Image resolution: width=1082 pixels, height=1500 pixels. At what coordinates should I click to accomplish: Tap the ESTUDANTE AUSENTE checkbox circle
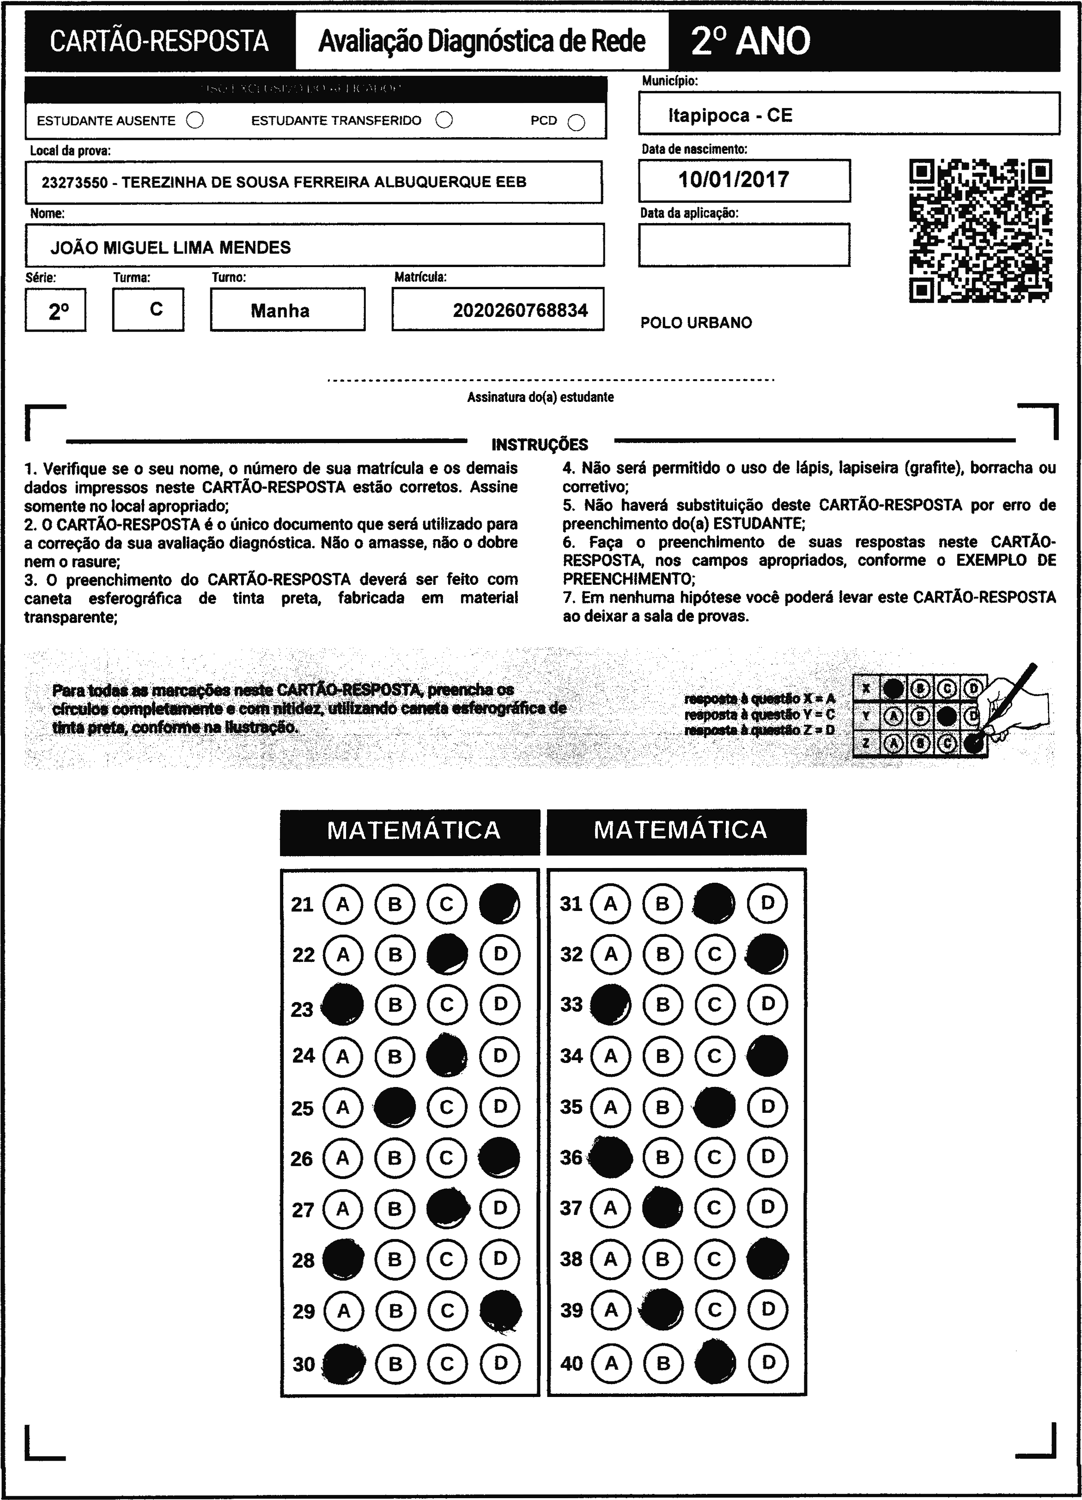pyautogui.click(x=195, y=121)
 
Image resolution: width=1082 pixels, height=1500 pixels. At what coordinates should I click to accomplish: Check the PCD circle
pyautogui.click(x=577, y=122)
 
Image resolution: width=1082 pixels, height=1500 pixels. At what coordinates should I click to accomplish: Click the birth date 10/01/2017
pyautogui.click(x=734, y=180)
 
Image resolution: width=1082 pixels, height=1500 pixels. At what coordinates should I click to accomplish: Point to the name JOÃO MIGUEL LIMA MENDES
pyautogui.click(x=170, y=247)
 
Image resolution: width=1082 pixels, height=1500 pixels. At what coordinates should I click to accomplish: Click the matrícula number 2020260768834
pyautogui.click(x=520, y=310)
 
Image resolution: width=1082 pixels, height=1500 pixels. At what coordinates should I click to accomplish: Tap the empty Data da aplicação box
pyautogui.click(x=743, y=245)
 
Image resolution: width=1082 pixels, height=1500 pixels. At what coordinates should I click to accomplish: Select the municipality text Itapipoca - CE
pyautogui.click(x=730, y=116)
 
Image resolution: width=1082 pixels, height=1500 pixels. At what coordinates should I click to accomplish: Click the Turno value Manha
pyautogui.click(x=280, y=310)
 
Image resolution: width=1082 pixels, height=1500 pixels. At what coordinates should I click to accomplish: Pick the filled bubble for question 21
pyautogui.click(x=499, y=904)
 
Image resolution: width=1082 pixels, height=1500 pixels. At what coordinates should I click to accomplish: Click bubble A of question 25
pyautogui.click(x=343, y=1106)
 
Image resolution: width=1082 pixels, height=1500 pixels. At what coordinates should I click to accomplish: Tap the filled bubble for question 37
pyautogui.click(x=663, y=1208)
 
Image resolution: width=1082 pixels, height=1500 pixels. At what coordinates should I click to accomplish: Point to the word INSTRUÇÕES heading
pyautogui.click(x=540, y=444)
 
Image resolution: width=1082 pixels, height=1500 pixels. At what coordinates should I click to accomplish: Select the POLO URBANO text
pyautogui.click(x=696, y=323)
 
